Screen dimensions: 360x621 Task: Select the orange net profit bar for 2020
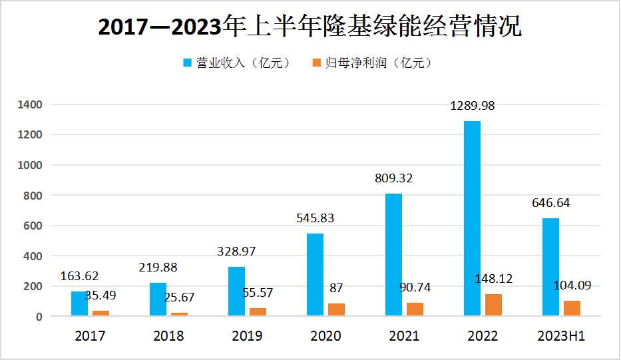point(336,309)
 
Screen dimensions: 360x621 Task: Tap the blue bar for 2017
point(79,304)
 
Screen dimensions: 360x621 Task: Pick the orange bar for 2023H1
point(572,309)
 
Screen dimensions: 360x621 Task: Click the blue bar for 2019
point(236,291)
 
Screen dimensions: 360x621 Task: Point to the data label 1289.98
point(473,106)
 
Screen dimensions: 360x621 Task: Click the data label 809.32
point(394,178)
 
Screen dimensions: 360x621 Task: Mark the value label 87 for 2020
point(336,288)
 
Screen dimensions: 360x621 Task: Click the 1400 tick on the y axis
point(31,104)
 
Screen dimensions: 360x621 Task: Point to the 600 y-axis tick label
point(33,226)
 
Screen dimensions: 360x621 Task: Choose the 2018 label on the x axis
point(168,336)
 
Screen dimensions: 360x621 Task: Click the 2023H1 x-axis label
point(560,336)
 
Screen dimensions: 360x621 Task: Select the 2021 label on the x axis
point(404,336)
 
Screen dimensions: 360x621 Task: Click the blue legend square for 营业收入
point(187,63)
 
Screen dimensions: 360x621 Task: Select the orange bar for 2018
point(179,314)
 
